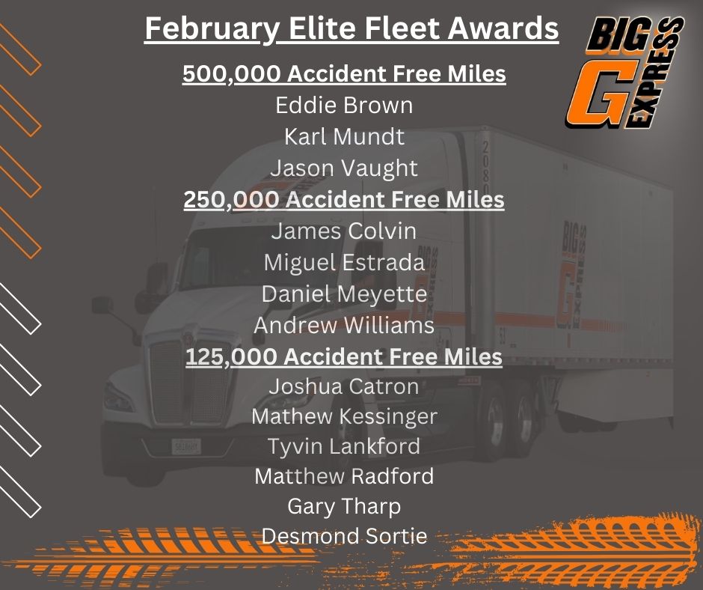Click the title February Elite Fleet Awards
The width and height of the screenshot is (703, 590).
(351, 28)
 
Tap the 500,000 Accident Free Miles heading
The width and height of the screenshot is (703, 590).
(344, 73)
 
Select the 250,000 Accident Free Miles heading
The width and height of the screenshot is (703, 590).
(344, 200)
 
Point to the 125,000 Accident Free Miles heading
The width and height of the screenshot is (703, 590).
(344, 357)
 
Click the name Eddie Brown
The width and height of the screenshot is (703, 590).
(344, 105)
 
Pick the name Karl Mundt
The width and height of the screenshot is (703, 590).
(344, 136)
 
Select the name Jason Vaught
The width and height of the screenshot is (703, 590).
(344, 168)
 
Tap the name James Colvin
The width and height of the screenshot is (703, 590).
(344, 231)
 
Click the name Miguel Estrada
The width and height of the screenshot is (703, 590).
(344, 263)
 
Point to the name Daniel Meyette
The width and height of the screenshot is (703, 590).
(344, 294)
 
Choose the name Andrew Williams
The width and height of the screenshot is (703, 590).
(344, 326)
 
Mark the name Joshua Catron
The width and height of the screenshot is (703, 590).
(344, 386)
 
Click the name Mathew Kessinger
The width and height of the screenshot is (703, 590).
(344, 417)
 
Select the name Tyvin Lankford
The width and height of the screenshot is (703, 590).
(344, 447)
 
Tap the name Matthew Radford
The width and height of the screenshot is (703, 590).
(344, 476)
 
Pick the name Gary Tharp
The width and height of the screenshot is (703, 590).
(344, 507)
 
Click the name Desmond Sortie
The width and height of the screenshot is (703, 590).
(344, 536)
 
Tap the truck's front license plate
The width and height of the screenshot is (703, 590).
(186, 446)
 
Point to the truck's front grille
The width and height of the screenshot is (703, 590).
(191, 383)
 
